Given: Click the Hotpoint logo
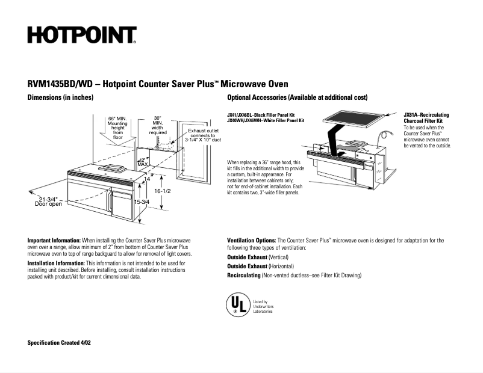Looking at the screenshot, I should tap(81, 35).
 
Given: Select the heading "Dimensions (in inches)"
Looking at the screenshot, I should tap(60, 97).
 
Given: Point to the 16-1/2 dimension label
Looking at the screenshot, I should tap(163, 191).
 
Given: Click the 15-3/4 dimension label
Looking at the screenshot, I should tap(142, 202).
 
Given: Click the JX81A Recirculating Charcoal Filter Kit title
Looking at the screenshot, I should tap(426, 118).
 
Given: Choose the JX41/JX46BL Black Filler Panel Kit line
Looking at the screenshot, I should tap(261, 115).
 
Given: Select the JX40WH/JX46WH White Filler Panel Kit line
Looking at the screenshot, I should tap(266, 120).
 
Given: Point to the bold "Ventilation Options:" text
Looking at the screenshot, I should tap(252, 240).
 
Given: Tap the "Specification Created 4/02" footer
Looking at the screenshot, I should tap(59, 342).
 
